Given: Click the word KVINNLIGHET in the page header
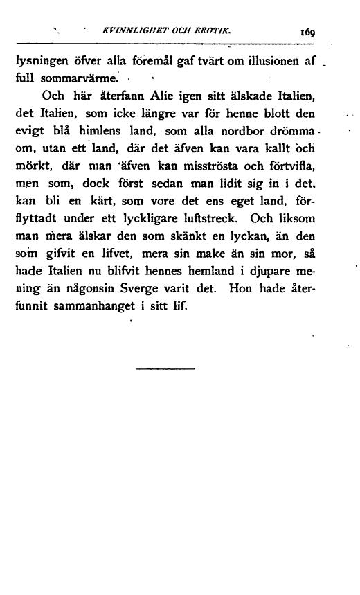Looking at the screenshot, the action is click(125, 30).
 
